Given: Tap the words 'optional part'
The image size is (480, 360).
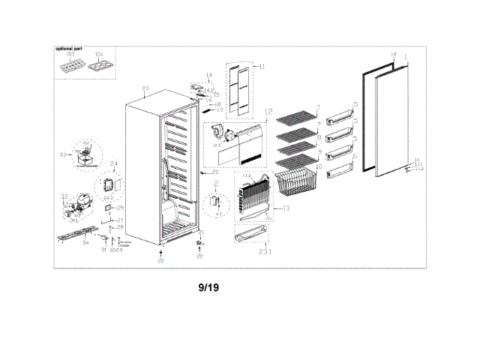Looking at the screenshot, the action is point(69,49).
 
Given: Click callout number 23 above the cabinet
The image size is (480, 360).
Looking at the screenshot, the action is point(145,89).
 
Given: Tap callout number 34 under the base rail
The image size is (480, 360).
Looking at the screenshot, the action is point(85,244).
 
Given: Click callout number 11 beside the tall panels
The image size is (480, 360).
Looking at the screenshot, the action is point(262,67).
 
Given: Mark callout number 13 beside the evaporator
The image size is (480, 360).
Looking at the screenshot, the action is point(284,207).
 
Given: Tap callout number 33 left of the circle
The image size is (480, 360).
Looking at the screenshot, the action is point(63,154).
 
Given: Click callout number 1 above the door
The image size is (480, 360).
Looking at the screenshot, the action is point(406,57).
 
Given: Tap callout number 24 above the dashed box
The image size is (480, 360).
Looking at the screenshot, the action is point(115,163).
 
